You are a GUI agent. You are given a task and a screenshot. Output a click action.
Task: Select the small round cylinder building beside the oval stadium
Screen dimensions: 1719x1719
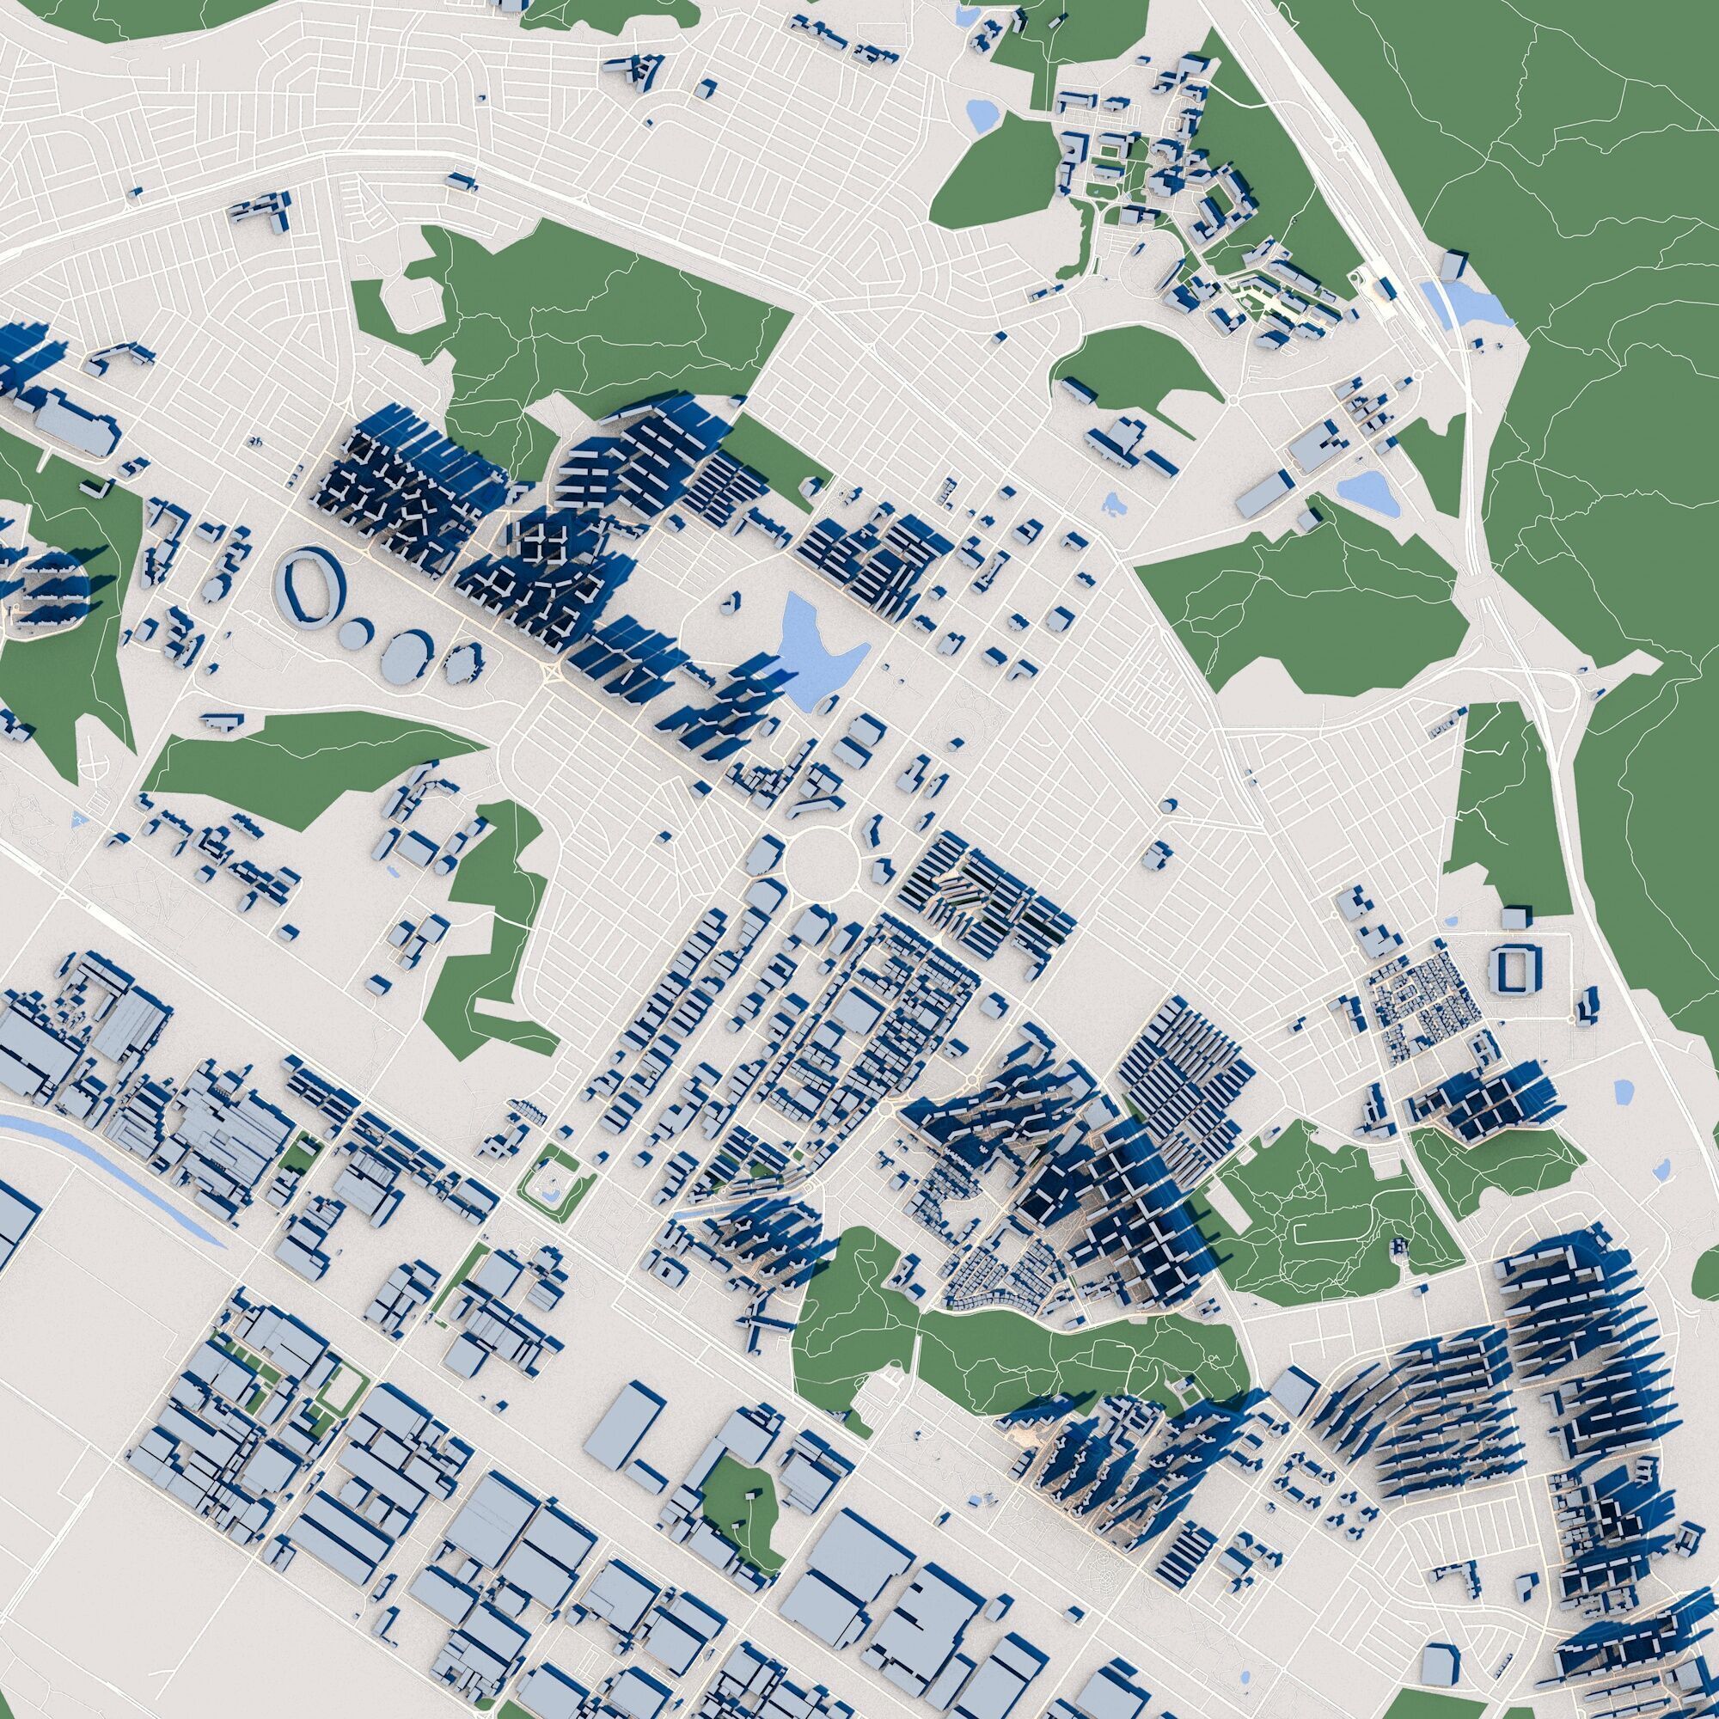[357, 633]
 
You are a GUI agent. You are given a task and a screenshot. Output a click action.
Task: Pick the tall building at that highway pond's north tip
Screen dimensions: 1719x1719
[1452, 264]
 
